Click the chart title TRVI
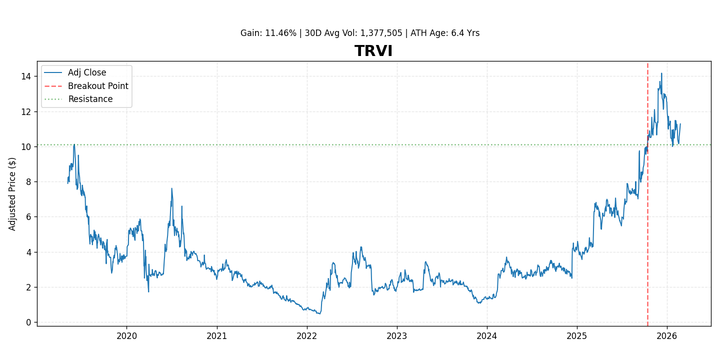coord(373,51)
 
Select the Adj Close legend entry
coord(87,73)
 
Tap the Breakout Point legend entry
coord(98,86)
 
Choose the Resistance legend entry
coord(90,99)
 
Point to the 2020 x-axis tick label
coord(126,336)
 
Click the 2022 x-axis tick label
coord(306,336)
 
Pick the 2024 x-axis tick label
coord(487,336)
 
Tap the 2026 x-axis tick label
coord(667,336)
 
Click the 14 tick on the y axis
coord(26,76)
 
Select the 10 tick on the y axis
coord(26,146)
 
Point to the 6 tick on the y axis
coord(28,217)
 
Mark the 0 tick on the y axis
coord(28,322)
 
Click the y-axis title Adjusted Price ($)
coord(13,194)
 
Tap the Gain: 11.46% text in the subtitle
coord(268,33)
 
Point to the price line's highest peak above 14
coord(661,73)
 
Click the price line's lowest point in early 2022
coord(319,313)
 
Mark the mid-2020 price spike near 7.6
coord(171,188)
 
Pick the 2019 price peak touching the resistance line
coord(74,144)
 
